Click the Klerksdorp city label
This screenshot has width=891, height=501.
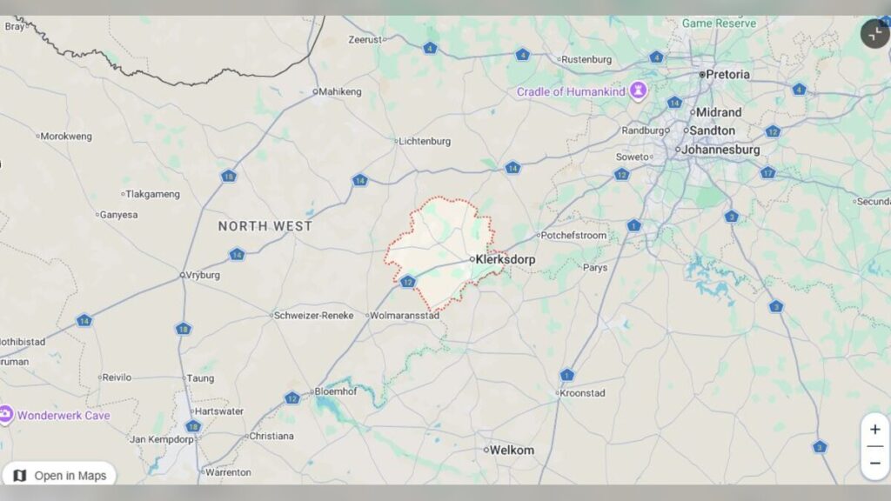click(506, 259)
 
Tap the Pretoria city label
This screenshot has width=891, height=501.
click(727, 75)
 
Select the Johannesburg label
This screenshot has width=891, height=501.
click(720, 150)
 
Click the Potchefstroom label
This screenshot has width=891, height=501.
click(573, 236)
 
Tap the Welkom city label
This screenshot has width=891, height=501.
click(512, 450)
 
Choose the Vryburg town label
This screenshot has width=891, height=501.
click(203, 275)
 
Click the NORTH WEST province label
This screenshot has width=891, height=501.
click(265, 226)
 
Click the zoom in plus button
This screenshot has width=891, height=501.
click(874, 430)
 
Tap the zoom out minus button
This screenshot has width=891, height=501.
click(874, 463)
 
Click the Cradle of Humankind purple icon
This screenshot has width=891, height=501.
click(639, 90)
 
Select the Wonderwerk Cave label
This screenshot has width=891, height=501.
click(64, 415)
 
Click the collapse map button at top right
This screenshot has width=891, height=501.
click(874, 34)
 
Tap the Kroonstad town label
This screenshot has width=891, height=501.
click(583, 393)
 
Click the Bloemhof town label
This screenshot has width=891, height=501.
click(335, 391)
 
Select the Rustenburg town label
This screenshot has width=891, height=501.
click(587, 60)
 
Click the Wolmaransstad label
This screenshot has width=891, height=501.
click(405, 316)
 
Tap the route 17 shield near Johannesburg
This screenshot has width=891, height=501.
click(767, 172)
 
